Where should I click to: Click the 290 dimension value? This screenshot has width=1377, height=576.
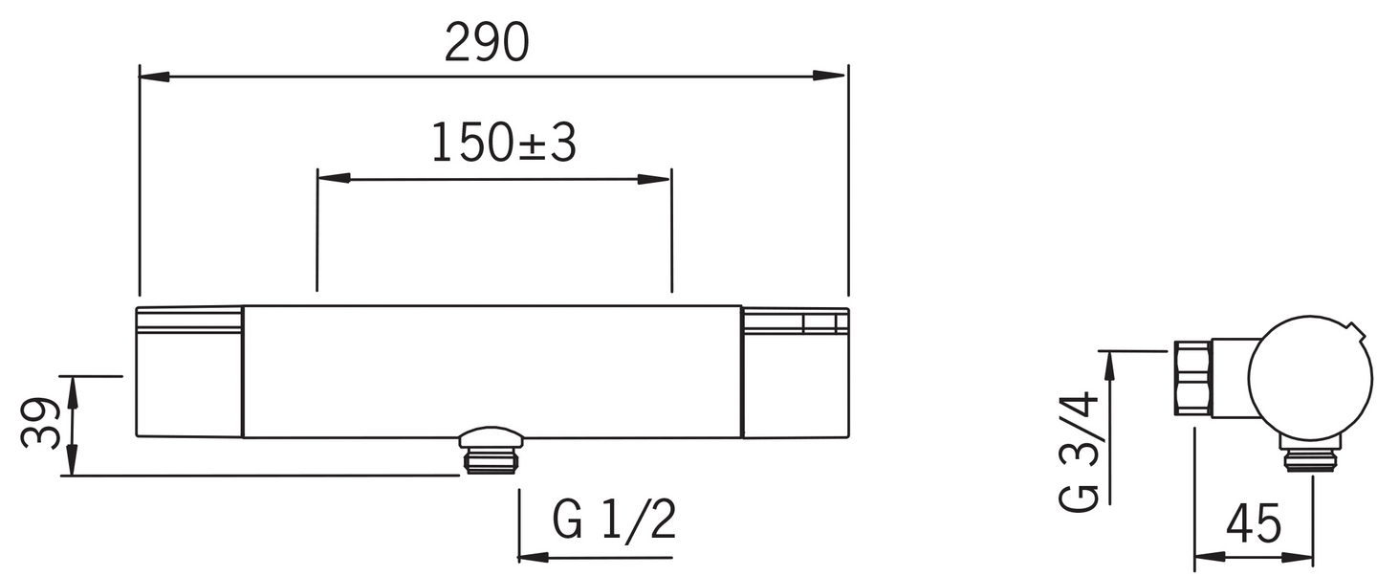coord(487,43)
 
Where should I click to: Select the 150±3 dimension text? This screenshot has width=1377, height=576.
coord(503,143)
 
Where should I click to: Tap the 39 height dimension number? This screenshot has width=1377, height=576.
coord(41,423)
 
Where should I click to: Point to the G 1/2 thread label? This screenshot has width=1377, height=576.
coord(614,521)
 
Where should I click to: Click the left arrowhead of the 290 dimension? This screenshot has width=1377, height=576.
coord(153,76)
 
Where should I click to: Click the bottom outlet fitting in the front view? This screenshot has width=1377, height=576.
coord(491,450)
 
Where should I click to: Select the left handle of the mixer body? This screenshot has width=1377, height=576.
coord(189,372)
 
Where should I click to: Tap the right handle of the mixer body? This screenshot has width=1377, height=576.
coord(795,372)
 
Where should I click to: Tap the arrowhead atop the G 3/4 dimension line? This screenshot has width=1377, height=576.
coord(1108,364)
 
